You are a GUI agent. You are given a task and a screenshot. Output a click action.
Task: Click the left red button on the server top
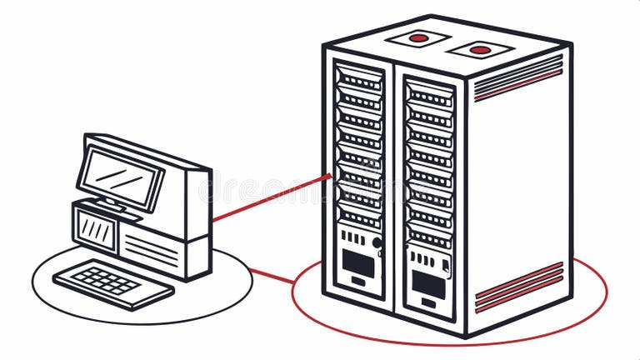coord(418,37)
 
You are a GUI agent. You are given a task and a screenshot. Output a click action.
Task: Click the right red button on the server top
coord(480,50)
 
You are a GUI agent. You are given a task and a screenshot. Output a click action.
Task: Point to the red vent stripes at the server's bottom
coord(518,287)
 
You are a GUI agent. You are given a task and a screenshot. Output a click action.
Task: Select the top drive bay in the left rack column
coord(359,81)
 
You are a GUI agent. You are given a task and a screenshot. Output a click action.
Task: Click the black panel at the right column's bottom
coord(428,284)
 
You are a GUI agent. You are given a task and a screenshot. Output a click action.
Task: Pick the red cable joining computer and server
coord(267,200)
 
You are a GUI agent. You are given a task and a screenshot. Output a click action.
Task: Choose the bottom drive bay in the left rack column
coord(359,215)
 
